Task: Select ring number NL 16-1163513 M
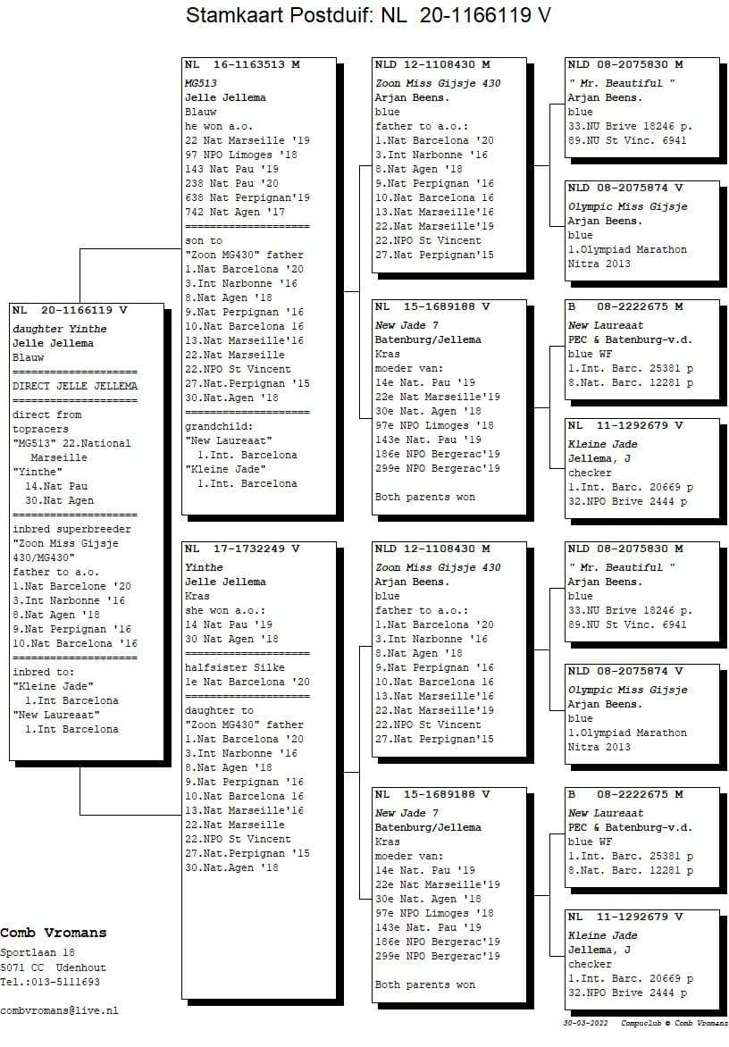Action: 242,64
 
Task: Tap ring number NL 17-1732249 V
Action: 242,549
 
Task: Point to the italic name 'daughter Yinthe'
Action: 59,329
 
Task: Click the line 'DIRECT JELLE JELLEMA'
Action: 75,386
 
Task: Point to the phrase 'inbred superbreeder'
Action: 71,529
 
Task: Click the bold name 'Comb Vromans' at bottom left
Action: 53,933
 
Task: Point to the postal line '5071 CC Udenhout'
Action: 53,967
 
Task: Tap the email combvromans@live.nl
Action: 59,1010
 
